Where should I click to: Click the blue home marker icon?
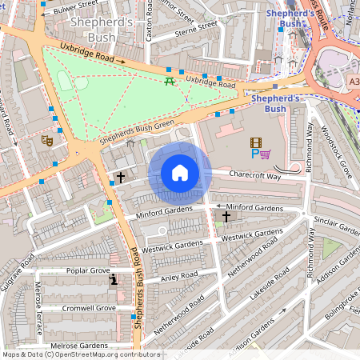[180, 173]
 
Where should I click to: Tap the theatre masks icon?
[46, 140]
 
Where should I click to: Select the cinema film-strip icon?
[255, 142]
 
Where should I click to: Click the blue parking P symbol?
[254, 153]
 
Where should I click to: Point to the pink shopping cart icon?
[265, 153]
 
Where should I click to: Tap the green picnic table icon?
[169, 81]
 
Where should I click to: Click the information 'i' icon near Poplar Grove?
[114, 279]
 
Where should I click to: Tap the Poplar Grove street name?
[88, 271]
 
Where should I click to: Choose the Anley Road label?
[178, 276]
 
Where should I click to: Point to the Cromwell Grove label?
[88, 308]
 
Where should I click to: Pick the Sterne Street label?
[195, 29]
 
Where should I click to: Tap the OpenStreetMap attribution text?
[80, 354]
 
